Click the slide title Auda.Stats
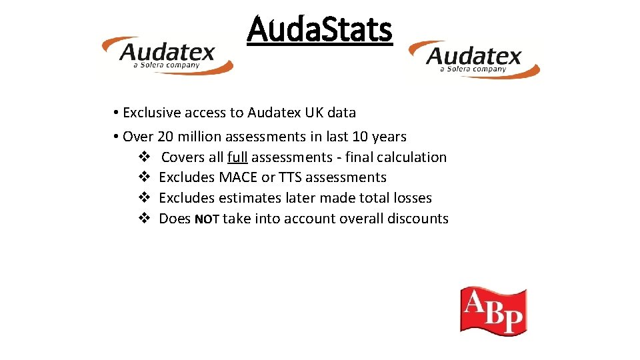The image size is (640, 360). coord(319,30)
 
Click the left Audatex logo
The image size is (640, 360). coord(167,55)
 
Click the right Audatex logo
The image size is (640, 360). coord(474,59)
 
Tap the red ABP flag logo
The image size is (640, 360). coord(493,311)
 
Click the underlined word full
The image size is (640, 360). coord(237,157)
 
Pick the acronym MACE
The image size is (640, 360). coord(239,177)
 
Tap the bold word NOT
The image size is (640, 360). coord(207,219)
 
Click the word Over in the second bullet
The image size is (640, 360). coord(138,137)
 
